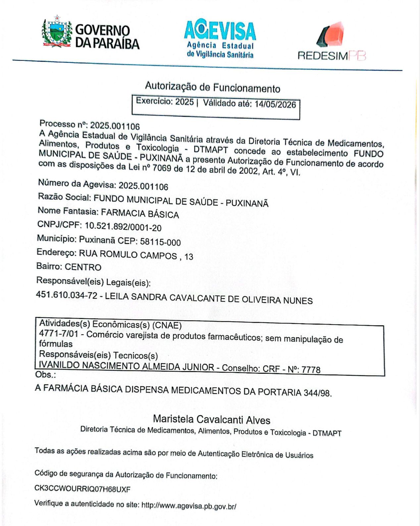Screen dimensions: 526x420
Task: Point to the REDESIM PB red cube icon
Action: click(x=331, y=34)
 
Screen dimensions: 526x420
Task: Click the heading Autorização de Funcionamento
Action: click(x=213, y=88)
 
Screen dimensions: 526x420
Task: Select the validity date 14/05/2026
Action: click(x=275, y=105)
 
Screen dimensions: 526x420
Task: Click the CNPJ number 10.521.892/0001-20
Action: click(x=123, y=226)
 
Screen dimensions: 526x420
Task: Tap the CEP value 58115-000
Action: click(x=160, y=241)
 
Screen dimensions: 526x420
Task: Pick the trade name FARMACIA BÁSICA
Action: click(x=140, y=213)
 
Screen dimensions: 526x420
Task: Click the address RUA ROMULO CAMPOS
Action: click(x=128, y=255)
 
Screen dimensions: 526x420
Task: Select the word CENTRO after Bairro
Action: click(x=83, y=267)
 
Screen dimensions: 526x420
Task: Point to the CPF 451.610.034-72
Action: click(x=67, y=295)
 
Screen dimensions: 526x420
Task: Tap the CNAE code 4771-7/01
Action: click(x=59, y=333)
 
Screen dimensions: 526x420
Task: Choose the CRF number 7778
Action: click(x=311, y=369)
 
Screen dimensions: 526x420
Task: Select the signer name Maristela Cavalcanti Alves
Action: click(x=212, y=419)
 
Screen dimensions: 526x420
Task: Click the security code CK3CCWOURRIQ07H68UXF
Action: click(x=82, y=489)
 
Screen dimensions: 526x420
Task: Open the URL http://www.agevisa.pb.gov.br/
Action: click(x=189, y=506)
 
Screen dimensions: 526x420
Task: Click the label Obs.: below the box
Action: click(x=45, y=375)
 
